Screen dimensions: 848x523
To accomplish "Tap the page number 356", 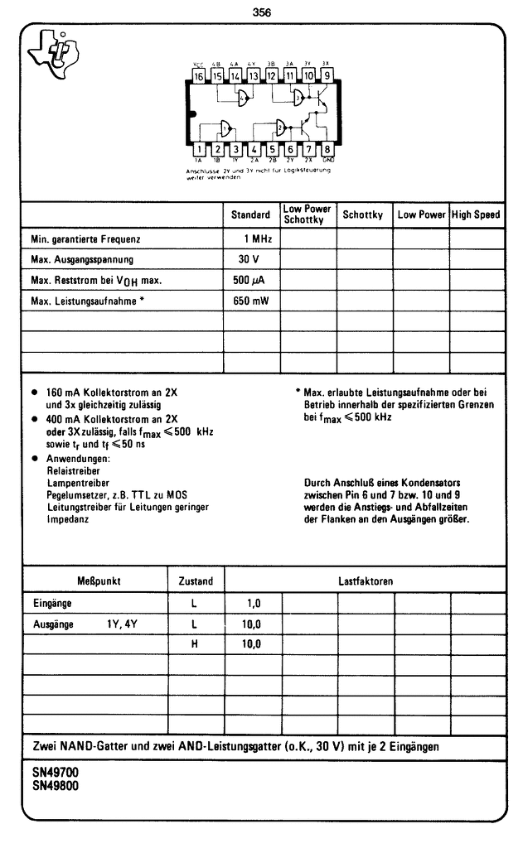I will (262, 12).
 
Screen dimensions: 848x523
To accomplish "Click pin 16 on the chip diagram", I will (199, 77).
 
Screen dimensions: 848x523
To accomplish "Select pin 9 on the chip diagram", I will (327, 77).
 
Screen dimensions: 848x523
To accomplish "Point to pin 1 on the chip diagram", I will (199, 149).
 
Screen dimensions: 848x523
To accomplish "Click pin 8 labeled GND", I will (327, 149).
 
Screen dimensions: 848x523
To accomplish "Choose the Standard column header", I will (251, 214).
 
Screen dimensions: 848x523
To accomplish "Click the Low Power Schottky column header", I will (308, 214).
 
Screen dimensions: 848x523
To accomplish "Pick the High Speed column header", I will (476, 214).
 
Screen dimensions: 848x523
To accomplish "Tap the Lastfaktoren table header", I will (366, 581).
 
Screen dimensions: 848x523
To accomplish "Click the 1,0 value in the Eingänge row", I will (252, 604).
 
